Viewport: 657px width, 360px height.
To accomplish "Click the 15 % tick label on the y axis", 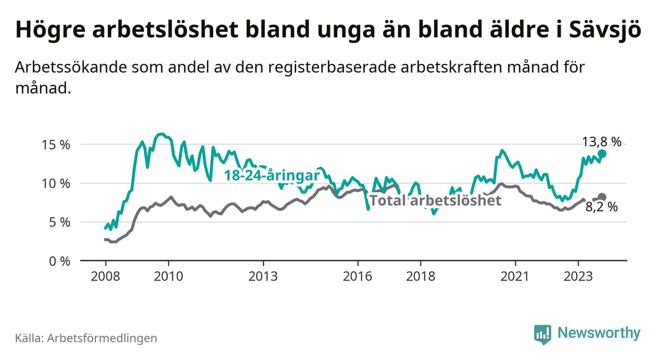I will coord(56,145).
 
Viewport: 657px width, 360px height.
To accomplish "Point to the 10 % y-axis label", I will coord(56,183).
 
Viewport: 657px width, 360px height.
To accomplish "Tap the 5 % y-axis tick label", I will coord(60,222).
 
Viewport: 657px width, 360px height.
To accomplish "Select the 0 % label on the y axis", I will coord(60,261).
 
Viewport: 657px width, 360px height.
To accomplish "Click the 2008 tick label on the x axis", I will coord(105,276).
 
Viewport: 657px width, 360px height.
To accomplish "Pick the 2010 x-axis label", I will coord(168,276).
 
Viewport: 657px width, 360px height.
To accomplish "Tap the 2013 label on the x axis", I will coord(263,276).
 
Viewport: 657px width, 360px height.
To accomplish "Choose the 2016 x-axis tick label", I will coord(357,276).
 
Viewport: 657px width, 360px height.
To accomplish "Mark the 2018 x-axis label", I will coord(420,276).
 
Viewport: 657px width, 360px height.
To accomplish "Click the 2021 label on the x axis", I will coord(515,276).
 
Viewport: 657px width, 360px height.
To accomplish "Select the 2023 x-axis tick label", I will coord(578,276).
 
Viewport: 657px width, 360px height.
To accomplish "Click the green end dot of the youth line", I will coord(602,154).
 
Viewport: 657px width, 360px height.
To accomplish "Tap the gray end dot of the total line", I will coord(602,197).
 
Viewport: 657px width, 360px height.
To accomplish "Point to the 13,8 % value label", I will coord(602,142).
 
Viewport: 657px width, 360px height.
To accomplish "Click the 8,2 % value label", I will coord(602,207).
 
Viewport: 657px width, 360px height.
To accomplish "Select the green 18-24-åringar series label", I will coord(272,176).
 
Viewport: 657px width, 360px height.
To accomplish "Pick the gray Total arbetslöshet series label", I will coord(435,200).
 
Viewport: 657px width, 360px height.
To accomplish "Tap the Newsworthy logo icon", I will coord(542,334).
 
